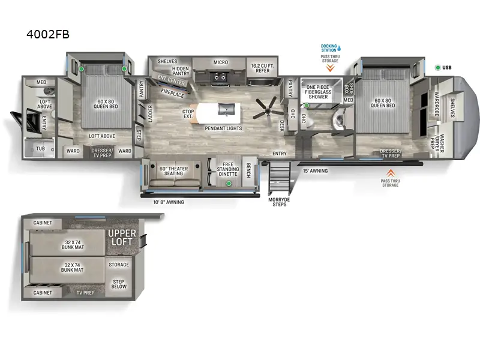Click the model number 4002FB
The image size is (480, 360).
coord(48,34)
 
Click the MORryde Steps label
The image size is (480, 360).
coord(278,202)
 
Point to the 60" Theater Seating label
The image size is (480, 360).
coord(173,171)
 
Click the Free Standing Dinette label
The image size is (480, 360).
coord(227,169)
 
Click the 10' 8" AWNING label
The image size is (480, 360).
coord(168,202)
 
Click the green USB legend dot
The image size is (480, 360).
coord(437,68)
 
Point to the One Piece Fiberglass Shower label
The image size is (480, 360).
coord(317,91)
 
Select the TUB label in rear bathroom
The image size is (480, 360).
coord(41,148)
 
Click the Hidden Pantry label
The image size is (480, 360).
coord(181,70)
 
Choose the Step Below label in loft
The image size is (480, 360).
coord(118,284)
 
